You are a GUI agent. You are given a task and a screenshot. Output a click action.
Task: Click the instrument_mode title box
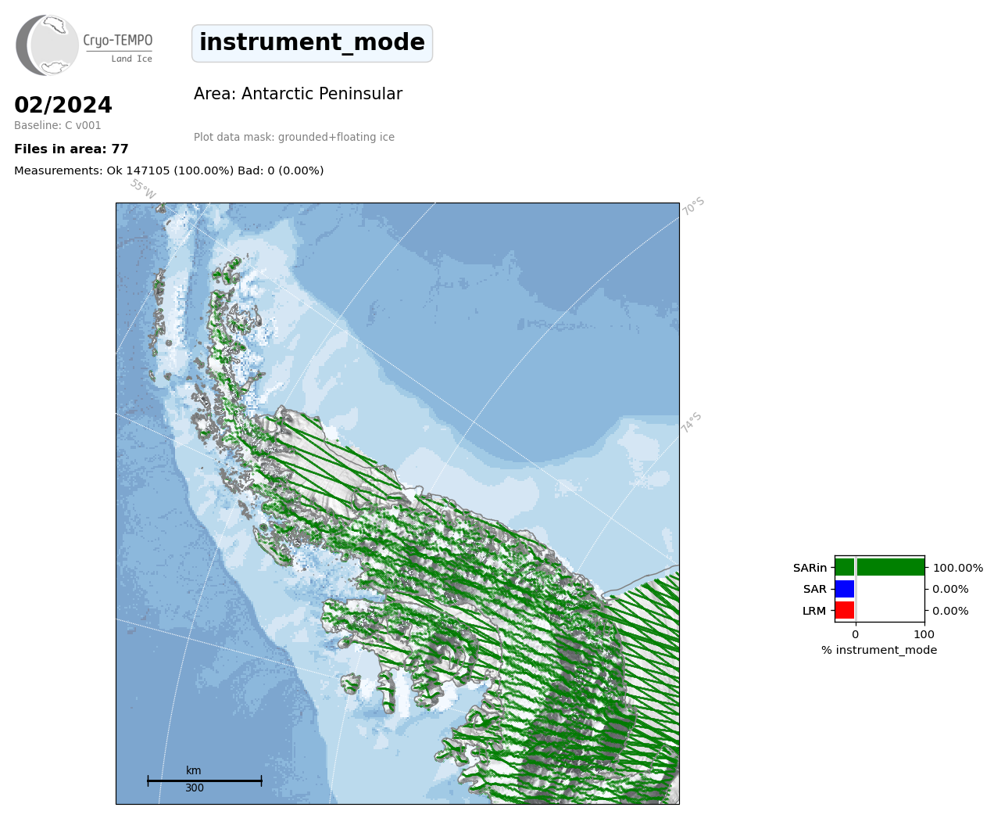point(312,43)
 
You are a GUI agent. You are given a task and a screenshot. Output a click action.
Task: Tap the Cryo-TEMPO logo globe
point(47,45)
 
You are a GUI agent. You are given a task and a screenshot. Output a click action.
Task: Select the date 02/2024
point(63,105)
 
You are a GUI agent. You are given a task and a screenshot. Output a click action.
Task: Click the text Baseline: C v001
point(58,125)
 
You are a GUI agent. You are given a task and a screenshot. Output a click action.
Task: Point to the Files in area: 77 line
point(71,149)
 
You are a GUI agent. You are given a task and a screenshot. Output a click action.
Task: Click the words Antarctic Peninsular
point(322,94)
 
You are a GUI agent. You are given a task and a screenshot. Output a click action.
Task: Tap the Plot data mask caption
point(294,137)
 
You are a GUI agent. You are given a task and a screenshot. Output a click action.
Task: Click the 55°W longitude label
point(143,189)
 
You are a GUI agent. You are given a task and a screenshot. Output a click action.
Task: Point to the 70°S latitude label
point(693,206)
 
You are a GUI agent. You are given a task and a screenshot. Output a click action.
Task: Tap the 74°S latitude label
point(691,422)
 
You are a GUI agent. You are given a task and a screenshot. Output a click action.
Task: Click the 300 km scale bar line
point(205,781)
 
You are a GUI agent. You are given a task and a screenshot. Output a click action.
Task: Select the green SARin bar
point(880,568)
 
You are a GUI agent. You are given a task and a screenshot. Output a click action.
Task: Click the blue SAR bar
point(845,590)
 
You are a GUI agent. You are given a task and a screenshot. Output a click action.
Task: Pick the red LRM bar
point(845,611)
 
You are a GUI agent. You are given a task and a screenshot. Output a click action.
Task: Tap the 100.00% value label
point(958,568)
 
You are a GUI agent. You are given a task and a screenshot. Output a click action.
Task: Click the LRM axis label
point(814,612)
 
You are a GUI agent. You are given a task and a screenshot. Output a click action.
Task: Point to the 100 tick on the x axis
point(924,634)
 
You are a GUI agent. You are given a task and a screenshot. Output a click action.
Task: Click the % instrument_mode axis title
point(879,651)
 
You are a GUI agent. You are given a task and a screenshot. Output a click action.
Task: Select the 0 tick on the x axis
point(856,634)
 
